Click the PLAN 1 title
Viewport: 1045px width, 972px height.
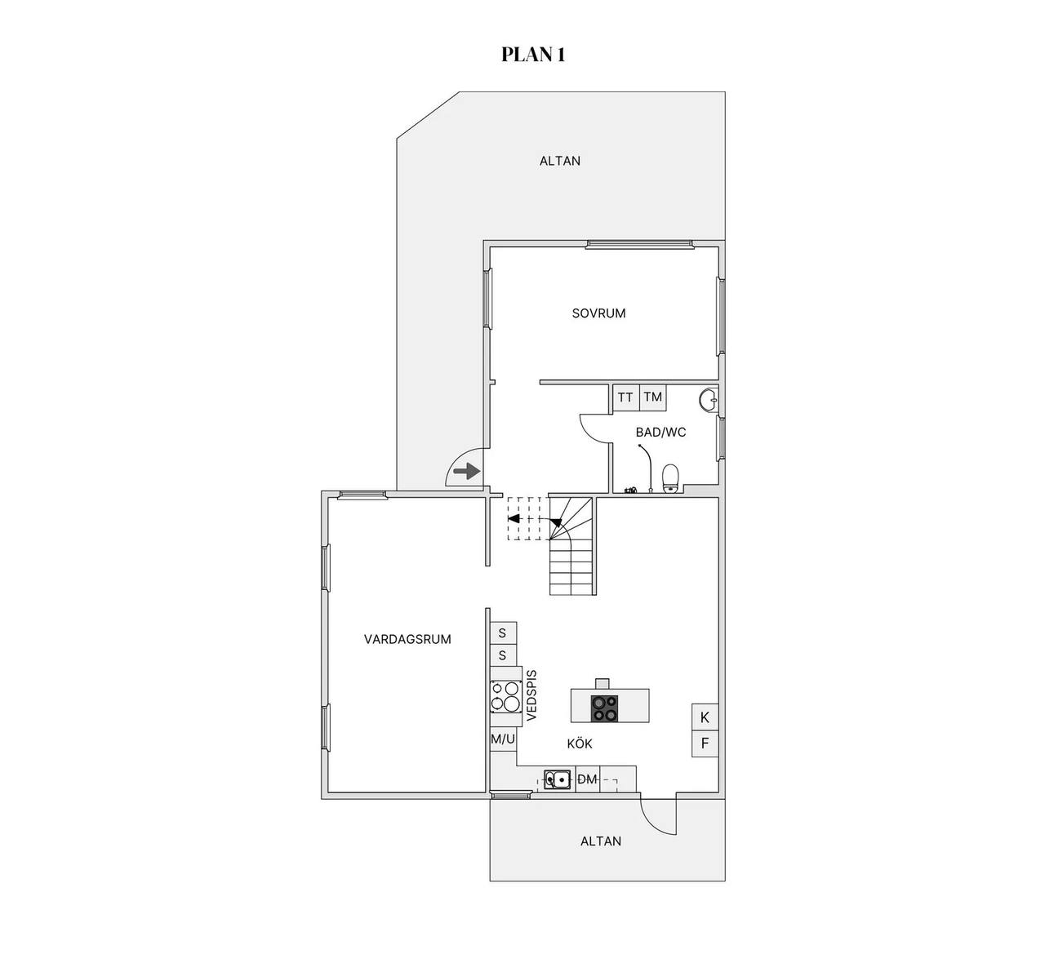tap(533, 55)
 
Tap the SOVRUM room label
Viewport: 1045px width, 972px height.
tap(598, 313)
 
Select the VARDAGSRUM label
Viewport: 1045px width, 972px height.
tap(407, 639)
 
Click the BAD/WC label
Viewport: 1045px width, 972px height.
tap(661, 433)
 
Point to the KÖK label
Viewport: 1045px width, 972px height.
tap(580, 743)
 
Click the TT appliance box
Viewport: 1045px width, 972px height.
tap(625, 397)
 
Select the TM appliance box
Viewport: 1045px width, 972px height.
tap(653, 397)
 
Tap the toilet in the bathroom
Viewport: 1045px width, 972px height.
tap(670, 478)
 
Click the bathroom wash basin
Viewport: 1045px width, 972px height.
tap(709, 400)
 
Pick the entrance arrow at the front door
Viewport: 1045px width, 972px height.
tap(467, 471)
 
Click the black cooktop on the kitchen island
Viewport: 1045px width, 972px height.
tap(604, 708)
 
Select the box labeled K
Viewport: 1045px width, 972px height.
tap(705, 717)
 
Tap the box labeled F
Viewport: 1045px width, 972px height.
tap(705, 743)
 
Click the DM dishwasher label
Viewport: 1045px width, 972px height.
tap(587, 779)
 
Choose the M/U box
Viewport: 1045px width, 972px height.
tap(503, 739)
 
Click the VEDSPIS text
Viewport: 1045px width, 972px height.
tap(531, 695)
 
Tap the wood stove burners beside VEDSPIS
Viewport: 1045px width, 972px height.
tap(505, 696)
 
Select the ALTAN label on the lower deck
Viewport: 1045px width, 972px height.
tap(601, 841)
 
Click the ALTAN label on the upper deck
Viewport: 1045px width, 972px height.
tap(560, 161)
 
